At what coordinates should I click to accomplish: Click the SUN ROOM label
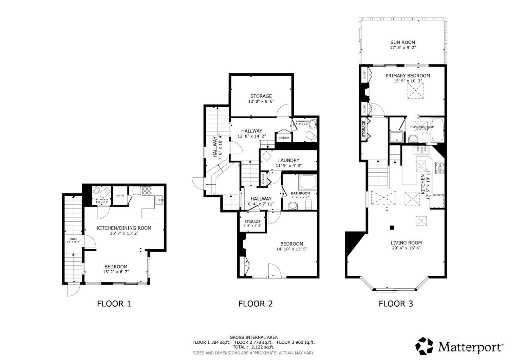(x=402, y=42)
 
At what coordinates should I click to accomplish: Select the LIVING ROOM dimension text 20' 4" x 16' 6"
(x=406, y=248)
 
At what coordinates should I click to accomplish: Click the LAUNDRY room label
(x=288, y=160)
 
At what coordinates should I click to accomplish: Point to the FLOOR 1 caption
(x=114, y=304)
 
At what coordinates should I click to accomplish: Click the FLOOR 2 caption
(x=255, y=304)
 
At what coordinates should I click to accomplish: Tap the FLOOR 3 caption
(x=396, y=304)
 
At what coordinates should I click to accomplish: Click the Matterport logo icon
(x=425, y=346)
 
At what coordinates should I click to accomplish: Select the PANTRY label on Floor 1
(x=120, y=196)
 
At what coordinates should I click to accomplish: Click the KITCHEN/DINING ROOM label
(x=124, y=228)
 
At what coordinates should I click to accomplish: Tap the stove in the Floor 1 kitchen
(x=147, y=191)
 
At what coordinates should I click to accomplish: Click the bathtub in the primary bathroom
(x=437, y=131)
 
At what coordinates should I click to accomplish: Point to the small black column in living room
(x=392, y=228)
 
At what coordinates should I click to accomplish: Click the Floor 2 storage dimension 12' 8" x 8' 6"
(x=261, y=101)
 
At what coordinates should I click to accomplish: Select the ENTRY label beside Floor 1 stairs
(x=73, y=239)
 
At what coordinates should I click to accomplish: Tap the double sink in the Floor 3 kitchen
(x=421, y=150)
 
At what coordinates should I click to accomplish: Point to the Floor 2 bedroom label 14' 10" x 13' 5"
(x=291, y=249)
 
